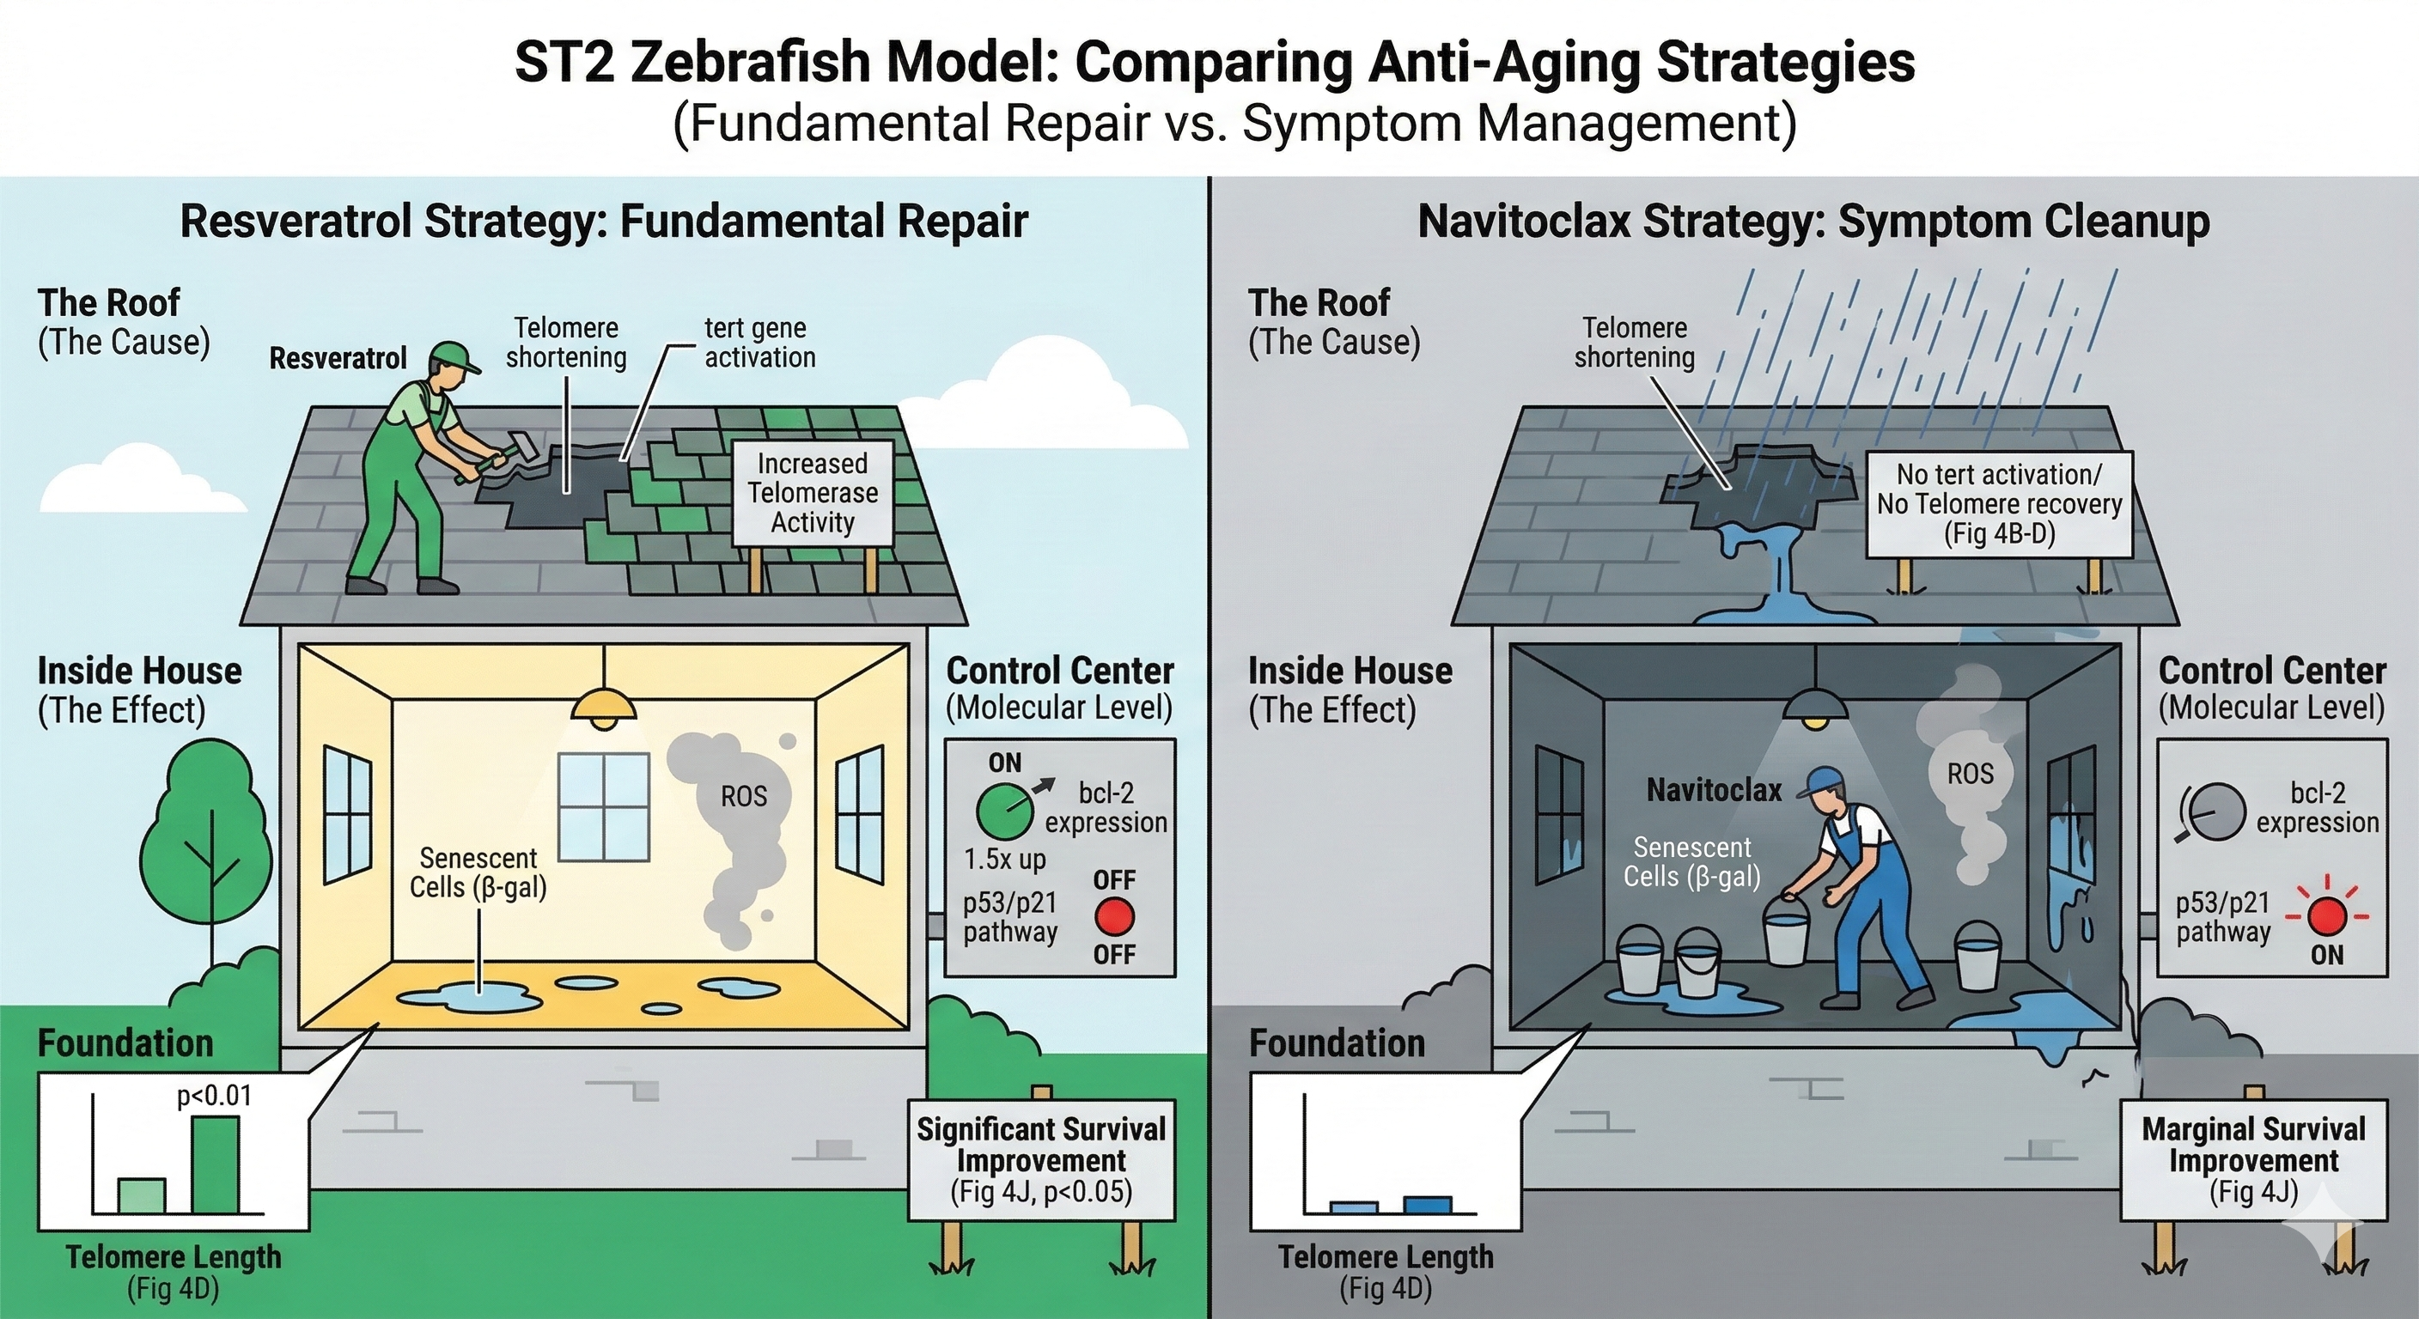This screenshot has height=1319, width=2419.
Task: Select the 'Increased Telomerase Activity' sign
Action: tap(813, 493)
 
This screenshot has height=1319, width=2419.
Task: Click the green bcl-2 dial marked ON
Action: tap(1003, 811)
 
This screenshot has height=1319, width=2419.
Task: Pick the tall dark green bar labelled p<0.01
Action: tap(215, 1164)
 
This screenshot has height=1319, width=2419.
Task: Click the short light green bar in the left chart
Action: tap(142, 1195)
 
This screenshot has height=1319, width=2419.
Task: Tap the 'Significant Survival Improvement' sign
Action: tap(1041, 1160)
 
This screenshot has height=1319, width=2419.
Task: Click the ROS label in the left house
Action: tap(744, 797)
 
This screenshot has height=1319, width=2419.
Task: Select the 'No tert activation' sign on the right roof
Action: tap(1999, 504)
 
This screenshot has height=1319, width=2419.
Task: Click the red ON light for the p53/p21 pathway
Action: tap(2326, 916)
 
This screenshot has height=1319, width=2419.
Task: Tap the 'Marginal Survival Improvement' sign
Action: tap(2253, 1161)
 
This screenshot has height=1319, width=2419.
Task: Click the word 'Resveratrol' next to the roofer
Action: tap(338, 359)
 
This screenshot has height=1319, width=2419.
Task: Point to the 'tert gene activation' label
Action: tap(759, 343)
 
